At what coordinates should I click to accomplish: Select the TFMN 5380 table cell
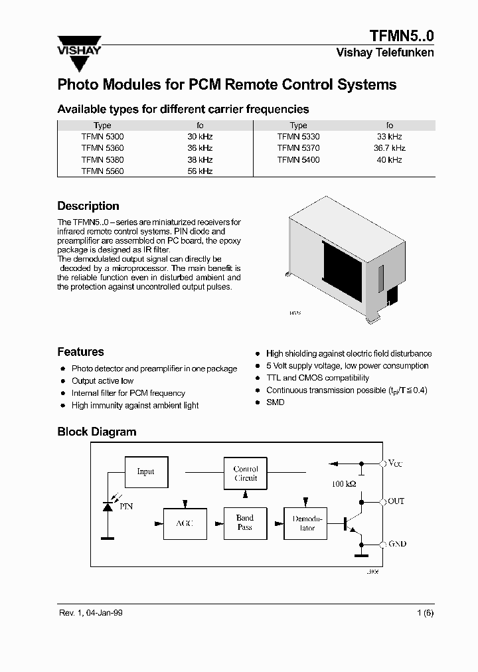point(102,160)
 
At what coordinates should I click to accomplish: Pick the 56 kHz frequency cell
point(200,171)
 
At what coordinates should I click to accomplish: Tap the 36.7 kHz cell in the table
point(389,148)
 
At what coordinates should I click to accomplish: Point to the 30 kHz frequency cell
point(200,136)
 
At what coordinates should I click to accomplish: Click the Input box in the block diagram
point(146,471)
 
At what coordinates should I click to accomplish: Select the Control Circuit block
point(246,473)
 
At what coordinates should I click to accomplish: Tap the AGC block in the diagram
point(185,523)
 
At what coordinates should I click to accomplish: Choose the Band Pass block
point(245,523)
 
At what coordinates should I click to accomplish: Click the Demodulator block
point(306,523)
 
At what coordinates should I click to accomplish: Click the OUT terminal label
point(396,501)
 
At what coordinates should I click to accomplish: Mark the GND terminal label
point(396,544)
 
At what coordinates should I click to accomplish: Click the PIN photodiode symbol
point(108,507)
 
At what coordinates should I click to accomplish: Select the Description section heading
point(88,206)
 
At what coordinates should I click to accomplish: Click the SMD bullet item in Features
point(275,402)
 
